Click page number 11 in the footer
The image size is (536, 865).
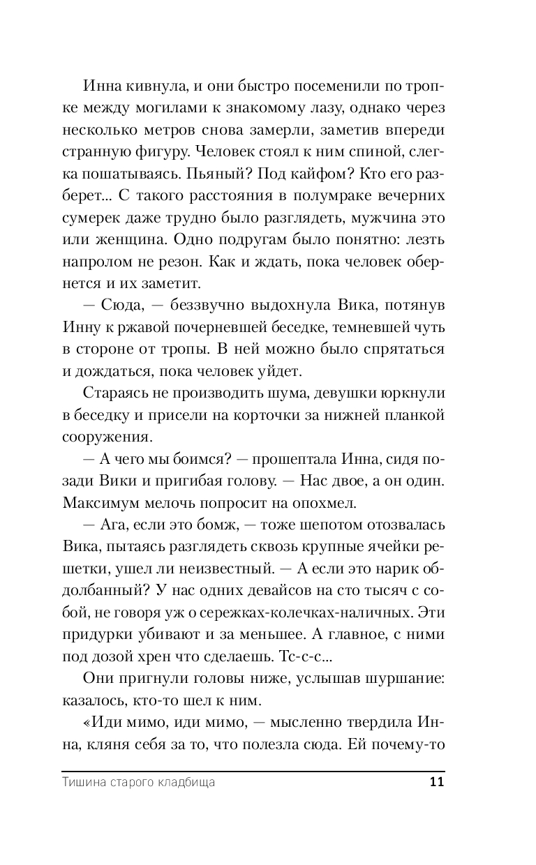click(437, 783)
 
